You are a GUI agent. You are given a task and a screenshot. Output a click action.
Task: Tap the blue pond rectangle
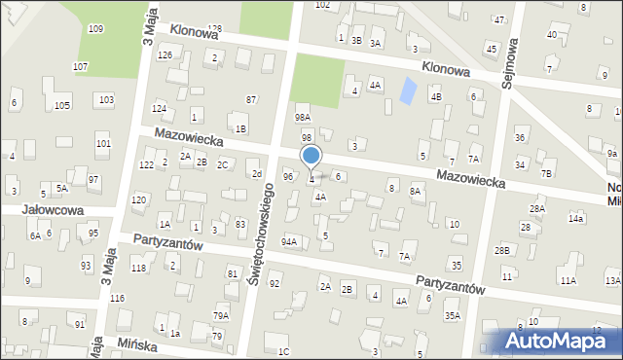click(x=408, y=91)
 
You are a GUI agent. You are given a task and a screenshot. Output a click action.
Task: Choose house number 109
click(x=95, y=29)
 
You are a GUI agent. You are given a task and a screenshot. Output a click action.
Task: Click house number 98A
click(x=303, y=118)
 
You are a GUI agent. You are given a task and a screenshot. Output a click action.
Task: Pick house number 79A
click(x=221, y=315)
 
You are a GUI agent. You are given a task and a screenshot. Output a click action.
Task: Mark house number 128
click(x=214, y=29)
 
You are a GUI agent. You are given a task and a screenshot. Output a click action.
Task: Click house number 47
click(x=499, y=19)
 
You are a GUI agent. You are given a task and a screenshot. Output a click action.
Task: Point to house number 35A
click(x=452, y=315)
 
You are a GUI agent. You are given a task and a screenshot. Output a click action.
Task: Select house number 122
click(x=145, y=165)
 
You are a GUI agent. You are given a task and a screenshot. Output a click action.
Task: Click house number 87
click(x=251, y=100)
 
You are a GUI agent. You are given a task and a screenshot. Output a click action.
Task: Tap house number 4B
click(x=436, y=96)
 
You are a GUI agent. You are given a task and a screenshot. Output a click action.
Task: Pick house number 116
click(x=117, y=298)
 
